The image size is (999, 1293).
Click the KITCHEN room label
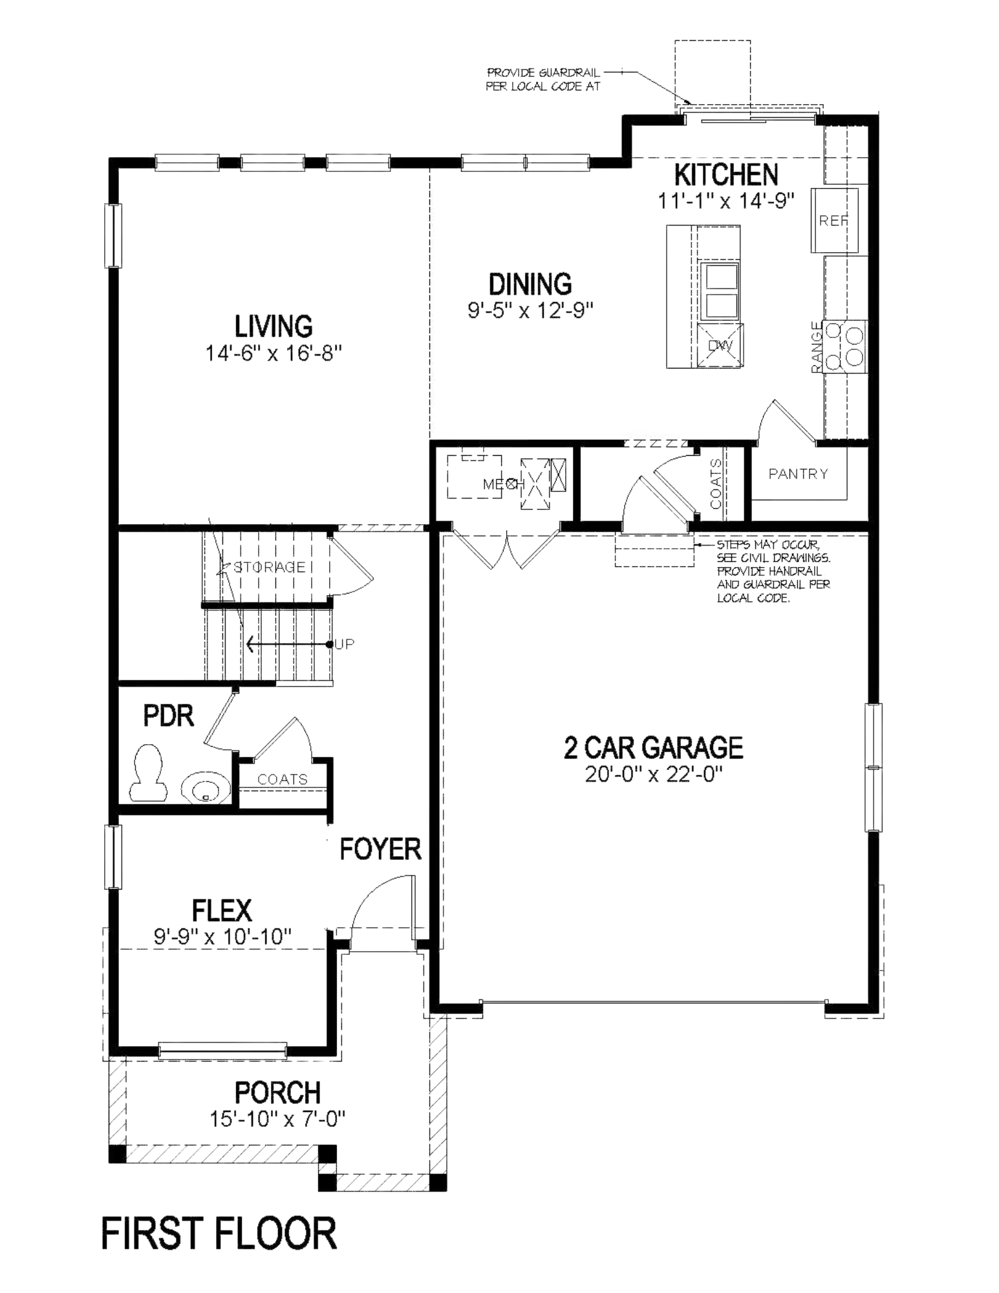[x=725, y=175]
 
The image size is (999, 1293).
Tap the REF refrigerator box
[x=834, y=220]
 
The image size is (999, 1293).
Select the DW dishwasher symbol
[x=720, y=346]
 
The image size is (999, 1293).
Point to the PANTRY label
[x=798, y=474]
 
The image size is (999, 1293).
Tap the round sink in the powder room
[x=205, y=789]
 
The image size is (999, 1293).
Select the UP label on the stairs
[x=345, y=645]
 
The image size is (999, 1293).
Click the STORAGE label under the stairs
[x=269, y=567]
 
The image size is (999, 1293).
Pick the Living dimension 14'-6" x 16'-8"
[x=274, y=353]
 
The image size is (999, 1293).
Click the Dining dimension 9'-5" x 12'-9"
[x=530, y=310]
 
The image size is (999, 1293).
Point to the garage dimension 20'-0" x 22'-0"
[x=653, y=774]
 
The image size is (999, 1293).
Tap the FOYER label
[x=380, y=849]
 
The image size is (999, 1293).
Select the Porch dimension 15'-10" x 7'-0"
[x=277, y=1118]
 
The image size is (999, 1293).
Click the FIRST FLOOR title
[x=219, y=1233]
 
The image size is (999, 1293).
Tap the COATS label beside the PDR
[x=283, y=779]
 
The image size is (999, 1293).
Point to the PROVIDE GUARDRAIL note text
[x=543, y=80]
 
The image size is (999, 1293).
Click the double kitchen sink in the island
[x=720, y=291]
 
